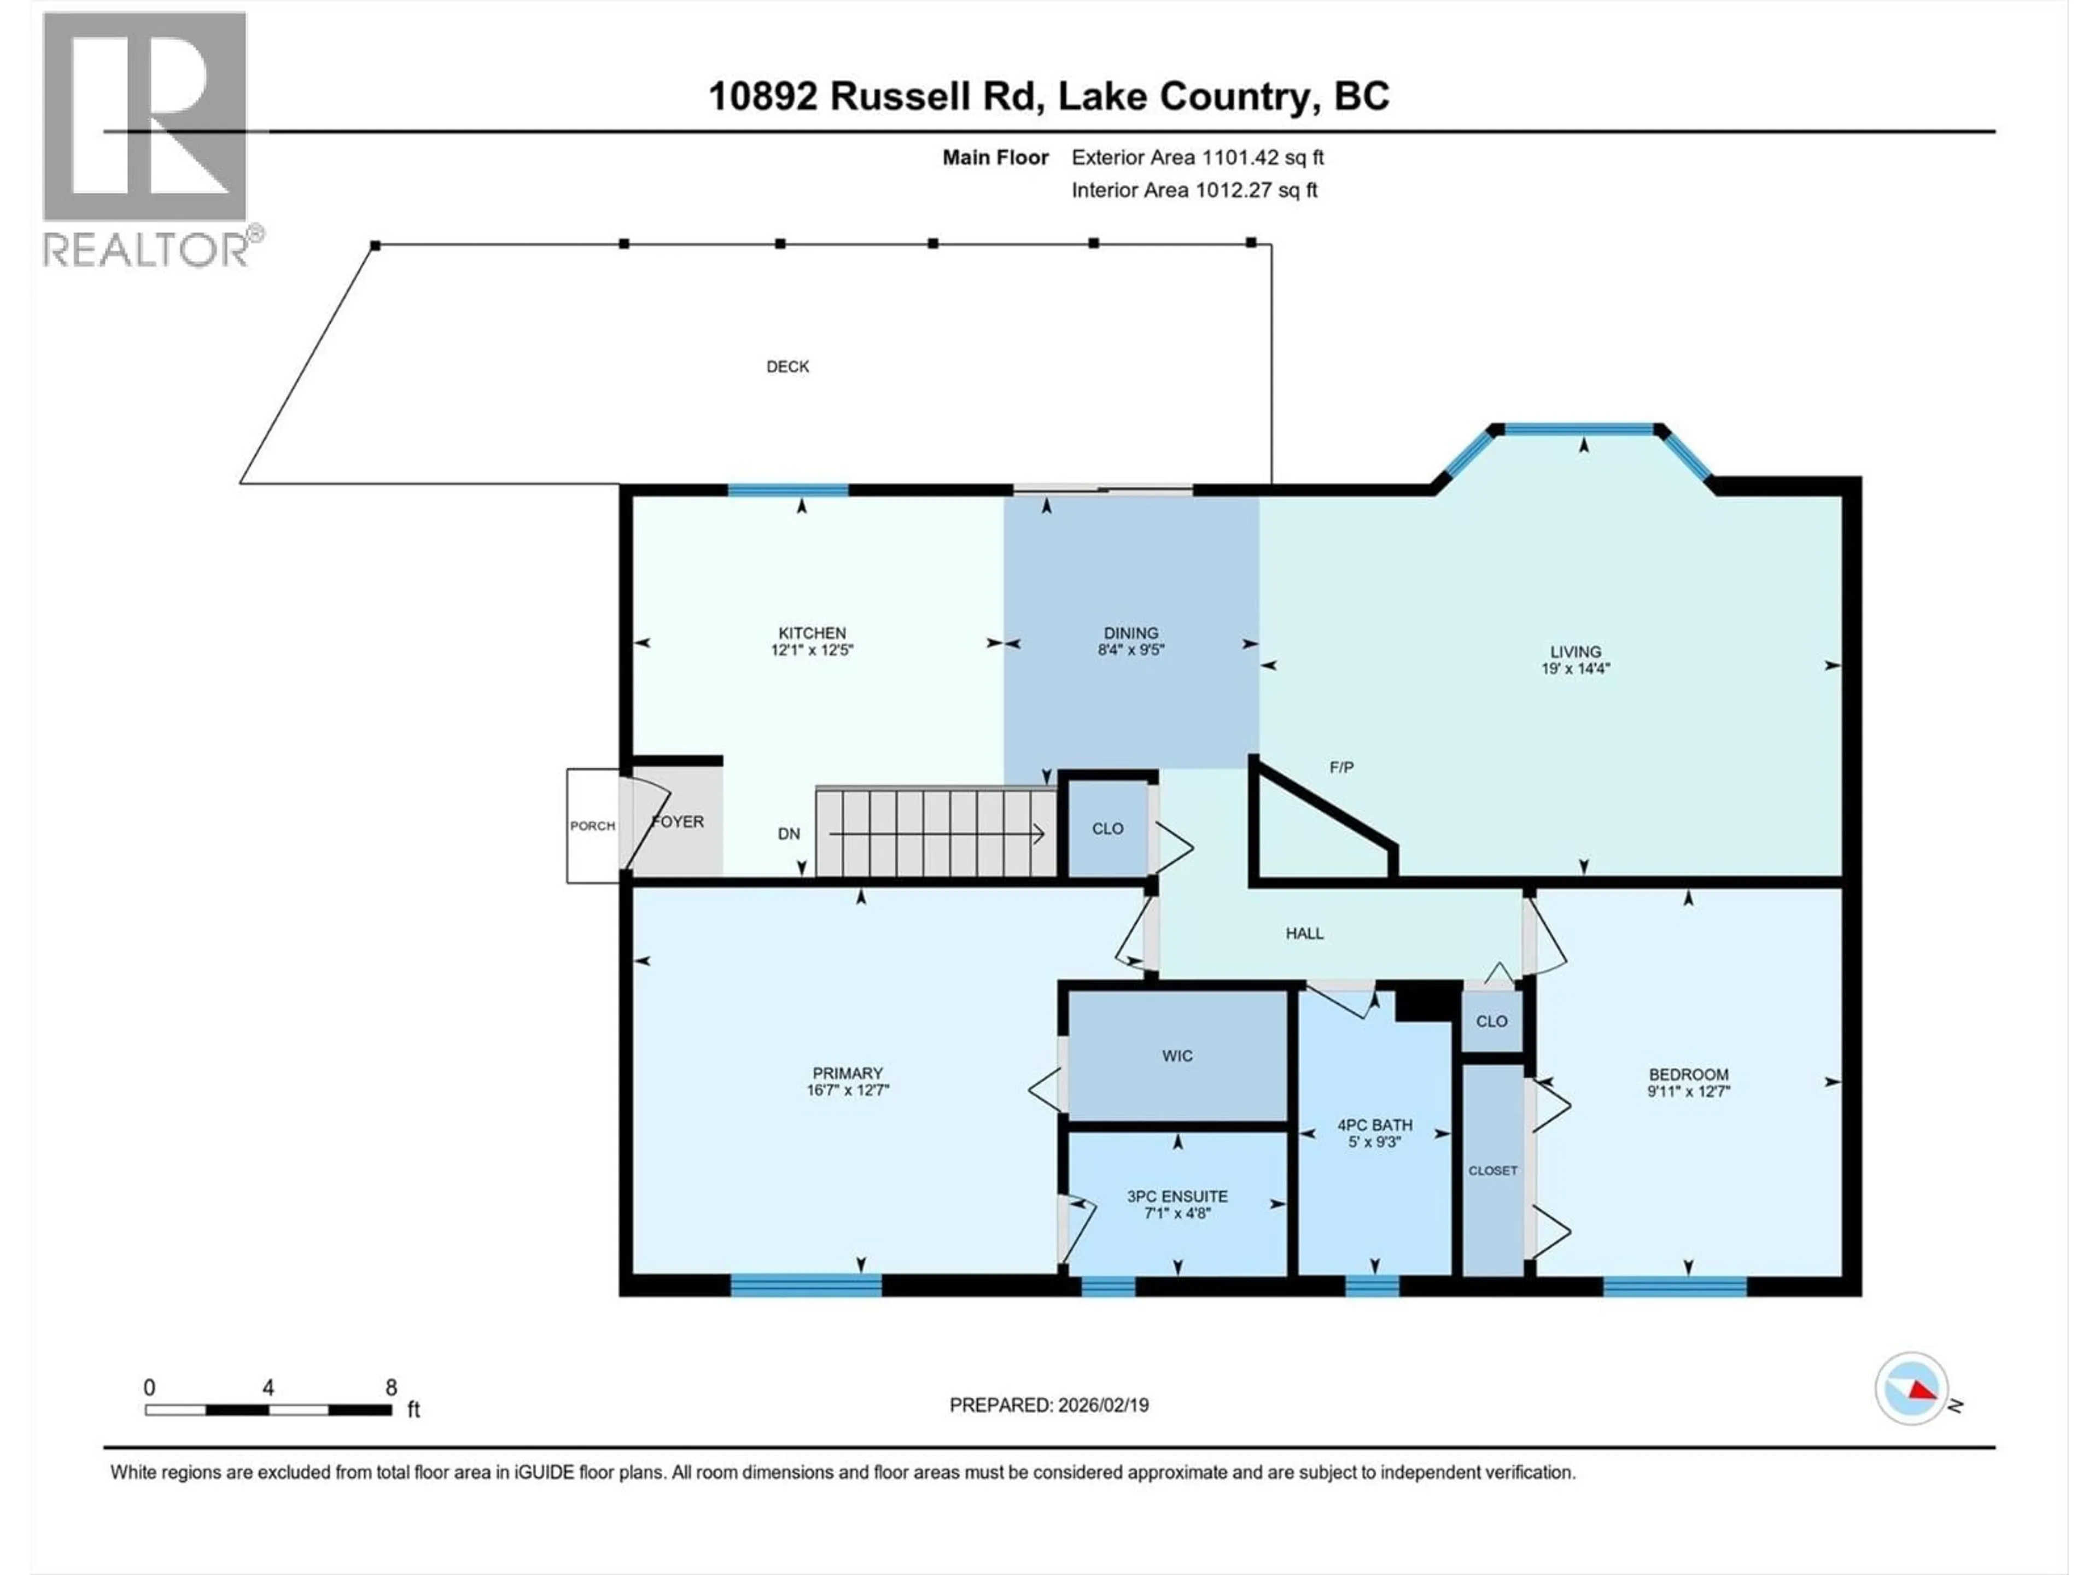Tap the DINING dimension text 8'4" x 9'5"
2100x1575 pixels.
1131,650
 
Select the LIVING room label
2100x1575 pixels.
1575,651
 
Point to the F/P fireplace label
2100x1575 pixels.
1341,767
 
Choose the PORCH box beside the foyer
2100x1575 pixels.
592,826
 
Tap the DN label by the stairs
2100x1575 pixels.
789,833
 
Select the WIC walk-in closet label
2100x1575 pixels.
1177,1055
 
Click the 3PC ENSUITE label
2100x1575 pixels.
1177,1196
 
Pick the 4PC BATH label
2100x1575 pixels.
1375,1125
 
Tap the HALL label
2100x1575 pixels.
1304,933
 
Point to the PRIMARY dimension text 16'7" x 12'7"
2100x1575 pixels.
848,1090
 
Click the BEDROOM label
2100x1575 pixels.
1688,1075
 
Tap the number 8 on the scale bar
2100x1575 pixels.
391,1387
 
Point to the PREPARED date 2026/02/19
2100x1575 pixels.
1102,1405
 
